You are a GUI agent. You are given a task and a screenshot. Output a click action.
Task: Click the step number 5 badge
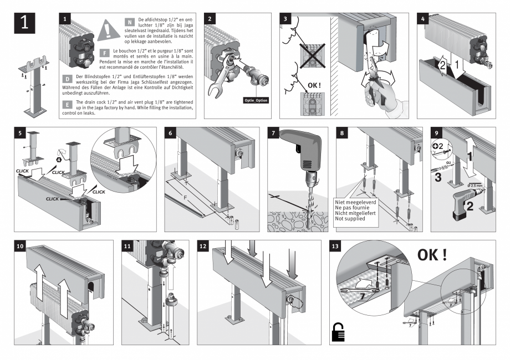click(x=20, y=134)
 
